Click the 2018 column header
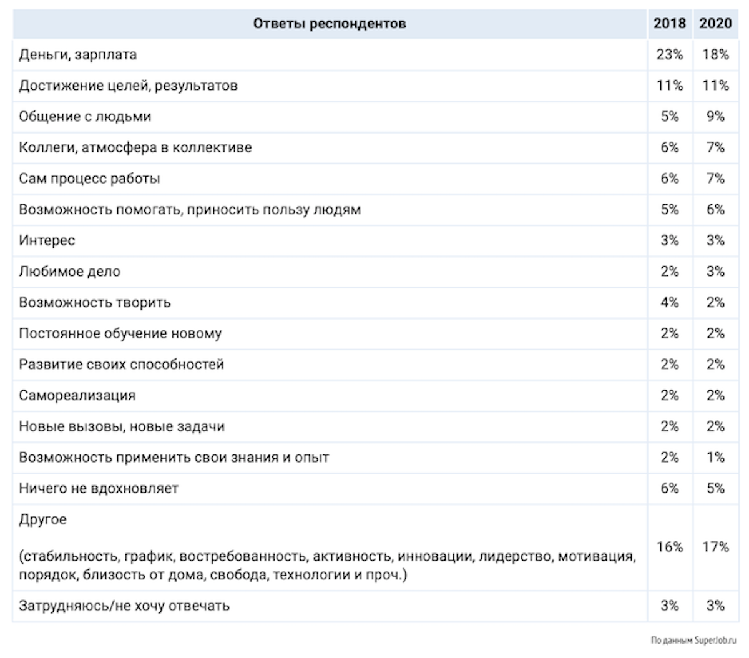click(x=669, y=24)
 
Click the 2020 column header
click(x=715, y=24)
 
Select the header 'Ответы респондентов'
click(x=330, y=24)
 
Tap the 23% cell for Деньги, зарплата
click(x=669, y=54)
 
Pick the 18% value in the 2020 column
click(x=715, y=54)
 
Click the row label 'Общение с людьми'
click(x=85, y=117)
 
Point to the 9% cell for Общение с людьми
click(x=715, y=117)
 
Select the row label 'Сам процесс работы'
click(x=89, y=179)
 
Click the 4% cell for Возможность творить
click(x=669, y=303)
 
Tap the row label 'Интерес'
click(x=47, y=241)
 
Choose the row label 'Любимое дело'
click(x=69, y=272)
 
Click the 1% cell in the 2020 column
click(x=715, y=458)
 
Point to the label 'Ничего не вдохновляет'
click(x=99, y=488)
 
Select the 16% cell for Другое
click(x=669, y=547)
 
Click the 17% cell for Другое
click(x=715, y=547)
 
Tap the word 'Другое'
click(x=42, y=519)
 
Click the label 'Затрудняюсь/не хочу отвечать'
click(x=124, y=606)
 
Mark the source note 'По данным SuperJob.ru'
click(x=693, y=641)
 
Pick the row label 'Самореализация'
click(x=77, y=396)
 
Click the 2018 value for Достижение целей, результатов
click(x=669, y=86)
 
